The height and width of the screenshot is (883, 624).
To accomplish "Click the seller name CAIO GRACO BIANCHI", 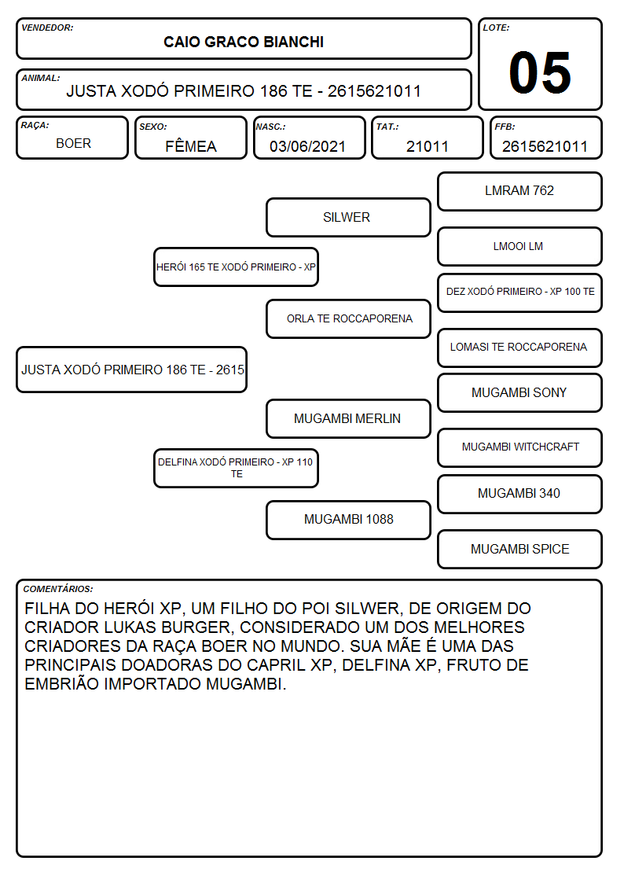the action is click(x=243, y=42).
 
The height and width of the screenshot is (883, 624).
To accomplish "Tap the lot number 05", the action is click(x=540, y=72).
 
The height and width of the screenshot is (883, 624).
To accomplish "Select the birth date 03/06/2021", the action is click(x=307, y=146).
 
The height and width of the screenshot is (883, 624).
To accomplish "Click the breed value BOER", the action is click(x=73, y=144).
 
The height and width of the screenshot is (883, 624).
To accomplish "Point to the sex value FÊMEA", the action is click(x=191, y=146).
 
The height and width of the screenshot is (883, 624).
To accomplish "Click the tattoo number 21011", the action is click(x=427, y=146).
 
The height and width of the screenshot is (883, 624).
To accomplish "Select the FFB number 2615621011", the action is click(x=545, y=146).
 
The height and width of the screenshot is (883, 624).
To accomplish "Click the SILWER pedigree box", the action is click(x=348, y=217).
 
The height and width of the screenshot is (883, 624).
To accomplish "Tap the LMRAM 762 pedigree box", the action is click(x=520, y=192).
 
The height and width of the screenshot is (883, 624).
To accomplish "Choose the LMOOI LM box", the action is click(x=520, y=246).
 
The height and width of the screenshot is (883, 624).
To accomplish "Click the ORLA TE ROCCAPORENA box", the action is click(x=348, y=318).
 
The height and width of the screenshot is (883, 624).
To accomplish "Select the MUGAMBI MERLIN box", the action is click(x=348, y=418).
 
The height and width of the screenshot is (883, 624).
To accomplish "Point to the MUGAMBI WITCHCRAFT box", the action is click(x=520, y=447).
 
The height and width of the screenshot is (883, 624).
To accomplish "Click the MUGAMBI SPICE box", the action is click(x=520, y=549).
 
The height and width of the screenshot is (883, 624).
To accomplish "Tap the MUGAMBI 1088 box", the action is click(x=348, y=520).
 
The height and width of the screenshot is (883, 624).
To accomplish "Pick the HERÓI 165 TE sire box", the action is click(x=237, y=267).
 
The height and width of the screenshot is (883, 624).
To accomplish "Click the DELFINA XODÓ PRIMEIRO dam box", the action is click(x=237, y=468).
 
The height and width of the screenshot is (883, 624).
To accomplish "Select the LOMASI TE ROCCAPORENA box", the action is click(x=520, y=348).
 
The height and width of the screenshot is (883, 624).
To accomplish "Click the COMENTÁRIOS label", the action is click(x=58, y=589).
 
